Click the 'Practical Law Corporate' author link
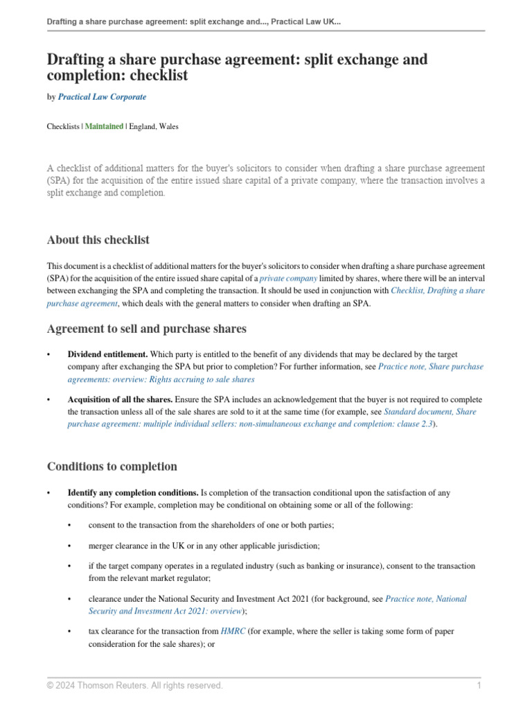[x=102, y=97]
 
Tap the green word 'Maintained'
[x=104, y=127]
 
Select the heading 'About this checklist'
[x=98, y=240]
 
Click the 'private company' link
[x=283, y=278]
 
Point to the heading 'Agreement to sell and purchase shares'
[x=146, y=329]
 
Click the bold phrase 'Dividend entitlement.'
[x=107, y=354]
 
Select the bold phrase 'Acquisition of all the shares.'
[x=120, y=400]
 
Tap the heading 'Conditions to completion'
[x=112, y=466]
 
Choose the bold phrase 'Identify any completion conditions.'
[x=132, y=493]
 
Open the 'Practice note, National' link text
[x=425, y=598]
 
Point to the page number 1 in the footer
[x=479, y=686]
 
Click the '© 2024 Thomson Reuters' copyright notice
[x=134, y=686]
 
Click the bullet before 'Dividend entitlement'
[x=49, y=355]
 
